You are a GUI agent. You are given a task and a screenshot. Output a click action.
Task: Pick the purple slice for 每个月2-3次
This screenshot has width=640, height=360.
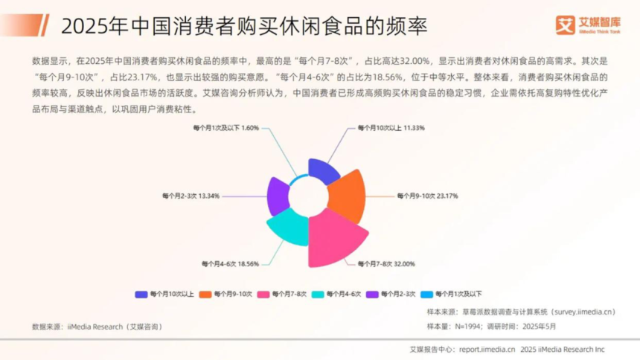[x=278, y=196]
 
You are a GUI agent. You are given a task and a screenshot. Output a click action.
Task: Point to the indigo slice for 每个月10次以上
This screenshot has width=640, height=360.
[x=322, y=171]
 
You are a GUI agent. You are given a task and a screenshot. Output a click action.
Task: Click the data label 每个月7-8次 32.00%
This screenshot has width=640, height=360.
[x=386, y=264]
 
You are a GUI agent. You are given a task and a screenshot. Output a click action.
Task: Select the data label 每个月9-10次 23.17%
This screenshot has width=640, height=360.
[x=427, y=196]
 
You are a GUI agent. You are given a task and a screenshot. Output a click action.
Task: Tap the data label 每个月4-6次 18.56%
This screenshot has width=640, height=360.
[x=230, y=264]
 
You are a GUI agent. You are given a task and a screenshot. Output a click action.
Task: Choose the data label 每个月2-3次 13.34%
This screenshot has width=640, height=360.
[x=191, y=196]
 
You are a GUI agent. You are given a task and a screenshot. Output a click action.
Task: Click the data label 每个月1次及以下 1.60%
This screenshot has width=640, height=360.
[x=226, y=128]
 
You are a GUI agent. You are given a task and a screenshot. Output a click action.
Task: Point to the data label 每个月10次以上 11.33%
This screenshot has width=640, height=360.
[x=391, y=128]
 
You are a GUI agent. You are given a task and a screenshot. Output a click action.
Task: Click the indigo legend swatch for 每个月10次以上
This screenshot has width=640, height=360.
[x=141, y=295]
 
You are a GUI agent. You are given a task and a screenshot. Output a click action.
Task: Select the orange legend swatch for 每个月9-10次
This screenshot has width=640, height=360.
[x=205, y=295]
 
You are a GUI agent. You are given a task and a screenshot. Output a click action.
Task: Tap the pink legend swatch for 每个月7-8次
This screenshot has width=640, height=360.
[x=263, y=295]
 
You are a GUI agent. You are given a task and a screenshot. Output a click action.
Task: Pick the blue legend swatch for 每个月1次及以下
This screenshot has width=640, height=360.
[x=426, y=295]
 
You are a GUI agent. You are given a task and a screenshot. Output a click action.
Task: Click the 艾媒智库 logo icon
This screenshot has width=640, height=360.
[x=565, y=25]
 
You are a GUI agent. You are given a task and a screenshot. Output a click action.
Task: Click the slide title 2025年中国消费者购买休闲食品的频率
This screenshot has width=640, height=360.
[x=244, y=26]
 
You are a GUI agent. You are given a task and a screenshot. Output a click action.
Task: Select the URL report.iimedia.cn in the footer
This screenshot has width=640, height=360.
[x=487, y=350]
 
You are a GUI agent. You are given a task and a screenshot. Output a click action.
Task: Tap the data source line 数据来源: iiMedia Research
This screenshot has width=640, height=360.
[x=97, y=327]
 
